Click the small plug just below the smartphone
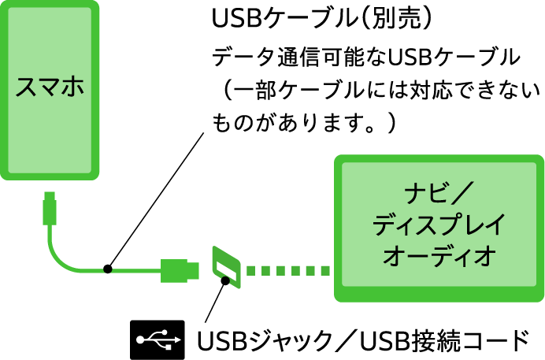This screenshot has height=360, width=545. (x=50, y=206)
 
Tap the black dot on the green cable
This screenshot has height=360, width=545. (x=108, y=271)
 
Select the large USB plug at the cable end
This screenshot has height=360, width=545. (x=180, y=270)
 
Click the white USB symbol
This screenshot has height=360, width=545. (x=159, y=340)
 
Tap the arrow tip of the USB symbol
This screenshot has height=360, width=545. (x=179, y=340)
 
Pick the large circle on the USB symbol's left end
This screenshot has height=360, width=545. (x=141, y=340)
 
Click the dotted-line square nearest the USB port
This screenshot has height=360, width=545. (x=251, y=271)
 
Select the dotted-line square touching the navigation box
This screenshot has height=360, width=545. (x=325, y=271)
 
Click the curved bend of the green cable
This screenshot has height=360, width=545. (x=59, y=258)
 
